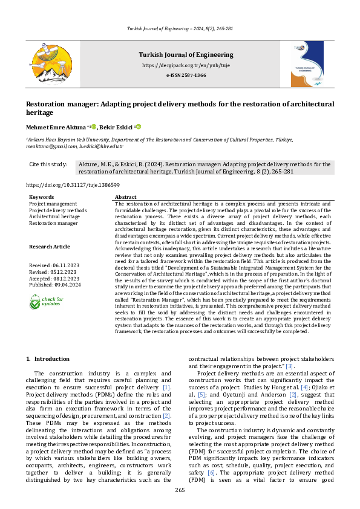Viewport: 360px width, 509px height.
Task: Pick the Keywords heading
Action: (x=41, y=197)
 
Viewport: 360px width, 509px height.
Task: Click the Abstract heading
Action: (x=125, y=197)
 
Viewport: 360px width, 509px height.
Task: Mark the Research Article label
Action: (x=49, y=246)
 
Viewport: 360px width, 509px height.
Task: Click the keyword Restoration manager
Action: (x=53, y=223)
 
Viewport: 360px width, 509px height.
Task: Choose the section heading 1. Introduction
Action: (x=48, y=359)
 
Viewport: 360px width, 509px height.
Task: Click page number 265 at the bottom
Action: (x=180, y=490)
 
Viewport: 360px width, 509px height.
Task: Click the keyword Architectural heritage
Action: (x=54, y=216)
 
